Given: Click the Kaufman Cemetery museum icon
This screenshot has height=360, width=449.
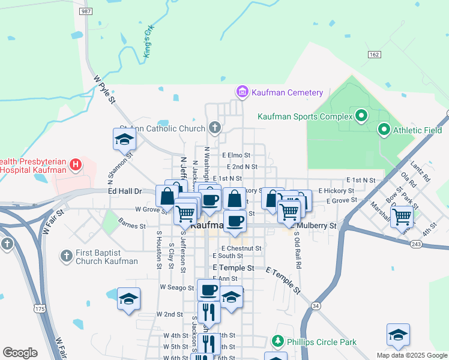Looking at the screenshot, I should [242, 92].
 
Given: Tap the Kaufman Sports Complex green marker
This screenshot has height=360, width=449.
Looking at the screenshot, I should [361, 115].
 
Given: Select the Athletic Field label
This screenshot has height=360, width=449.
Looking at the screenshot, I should [418, 130].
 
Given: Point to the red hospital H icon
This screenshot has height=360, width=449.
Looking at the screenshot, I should [75, 164].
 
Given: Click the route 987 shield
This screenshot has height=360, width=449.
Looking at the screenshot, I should [86, 11].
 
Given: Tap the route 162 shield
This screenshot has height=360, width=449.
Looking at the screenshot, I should [375, 55].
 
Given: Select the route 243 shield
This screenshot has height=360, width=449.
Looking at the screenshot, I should [417, 244].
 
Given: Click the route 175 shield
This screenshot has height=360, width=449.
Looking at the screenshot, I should [40, 308].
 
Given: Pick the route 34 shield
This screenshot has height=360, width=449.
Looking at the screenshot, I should [316, 306].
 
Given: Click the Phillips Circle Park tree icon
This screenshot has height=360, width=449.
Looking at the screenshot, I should [277, 342].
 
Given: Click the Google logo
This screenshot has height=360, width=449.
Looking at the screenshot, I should [19, 353].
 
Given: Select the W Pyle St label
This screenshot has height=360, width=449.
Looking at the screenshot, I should [103, 89].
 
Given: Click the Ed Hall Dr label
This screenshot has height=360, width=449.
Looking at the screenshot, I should [124, 191].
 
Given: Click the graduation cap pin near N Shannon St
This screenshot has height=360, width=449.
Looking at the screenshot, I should [125, 139].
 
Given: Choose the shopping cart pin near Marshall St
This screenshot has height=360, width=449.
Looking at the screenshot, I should [401, 217].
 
